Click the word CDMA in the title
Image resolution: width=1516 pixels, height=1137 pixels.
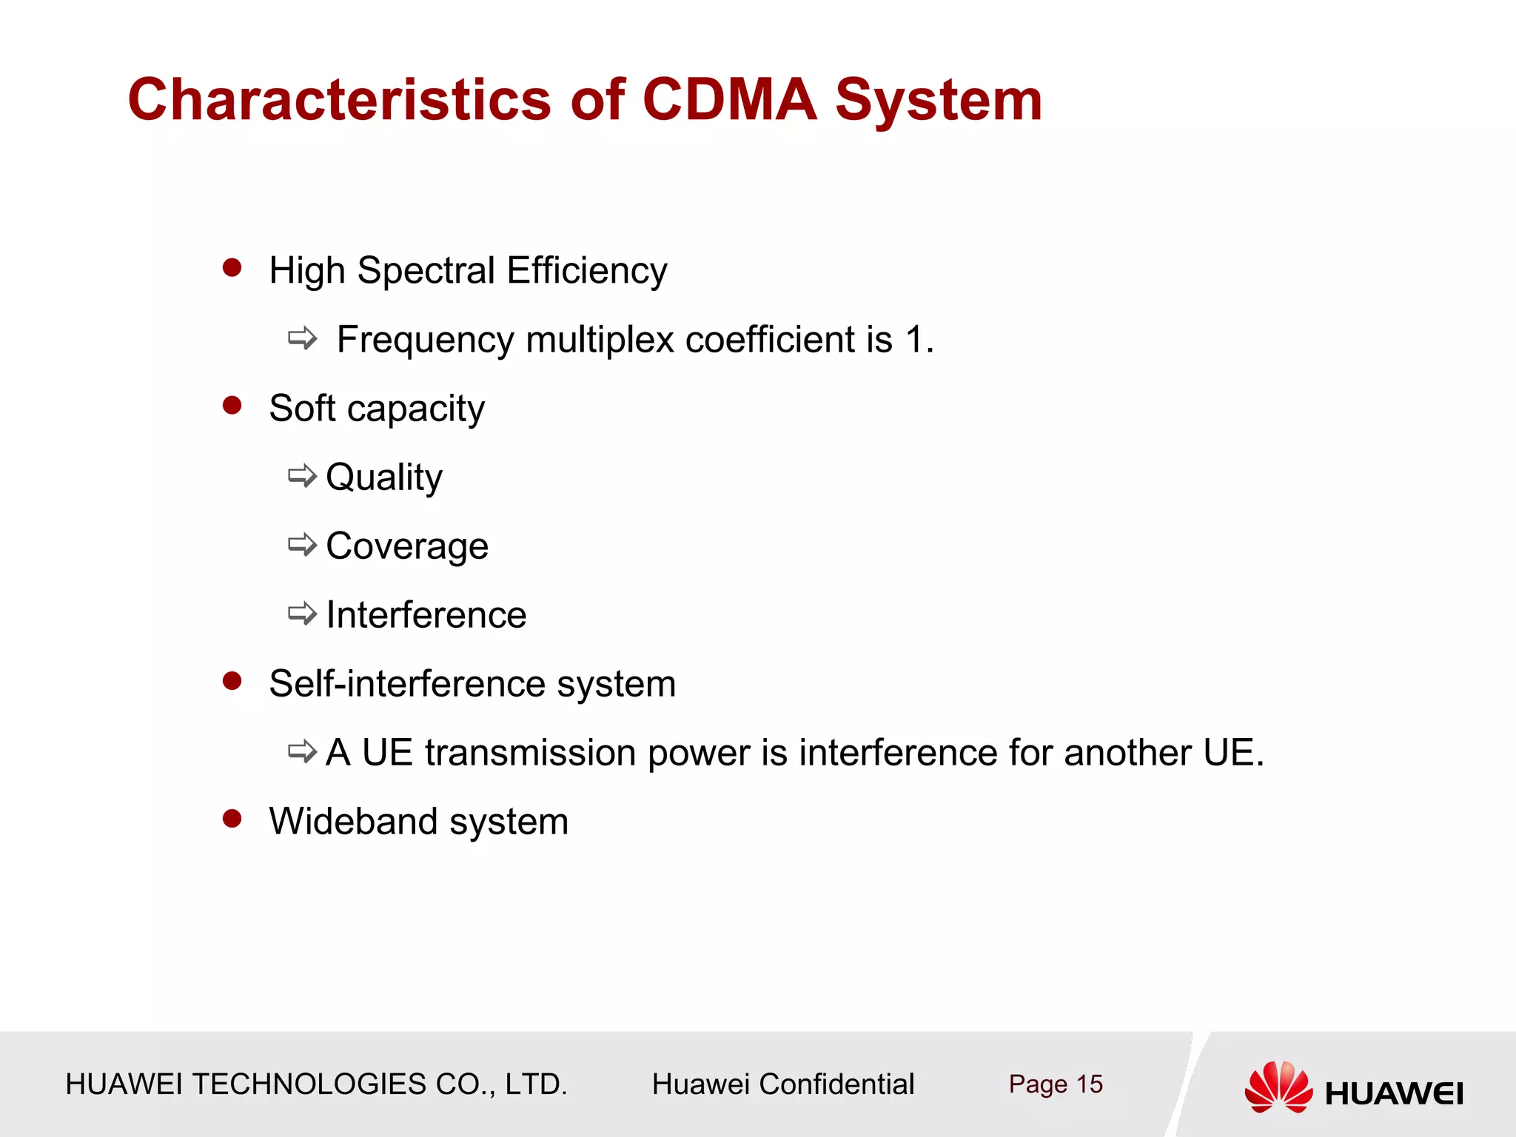coord(729,100)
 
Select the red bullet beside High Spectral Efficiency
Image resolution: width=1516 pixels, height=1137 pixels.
coord(232,267)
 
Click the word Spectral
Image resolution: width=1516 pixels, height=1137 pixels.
coord(426,271)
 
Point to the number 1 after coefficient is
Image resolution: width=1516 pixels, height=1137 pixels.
coord(915,340)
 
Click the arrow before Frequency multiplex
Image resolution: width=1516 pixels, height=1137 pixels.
coord(302,339)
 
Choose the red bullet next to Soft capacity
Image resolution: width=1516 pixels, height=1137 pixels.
coord(232,405)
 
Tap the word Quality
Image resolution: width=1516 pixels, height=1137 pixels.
coord(384,477)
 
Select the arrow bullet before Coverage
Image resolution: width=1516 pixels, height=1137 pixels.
coord(302,546)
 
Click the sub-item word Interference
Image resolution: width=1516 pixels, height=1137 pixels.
coord(426,615)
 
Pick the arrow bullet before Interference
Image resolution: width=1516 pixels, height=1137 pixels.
coord(302,614)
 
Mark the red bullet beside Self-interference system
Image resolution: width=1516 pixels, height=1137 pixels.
coord(232,680)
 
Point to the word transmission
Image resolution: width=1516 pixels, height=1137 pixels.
coord(530,753)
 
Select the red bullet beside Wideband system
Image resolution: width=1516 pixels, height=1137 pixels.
coord(232,818)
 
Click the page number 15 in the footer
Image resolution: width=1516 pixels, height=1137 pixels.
coord(1089,1084)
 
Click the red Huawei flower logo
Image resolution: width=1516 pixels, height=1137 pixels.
coord(1278,1087)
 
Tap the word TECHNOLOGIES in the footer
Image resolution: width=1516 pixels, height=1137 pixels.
coord(309,1084)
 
